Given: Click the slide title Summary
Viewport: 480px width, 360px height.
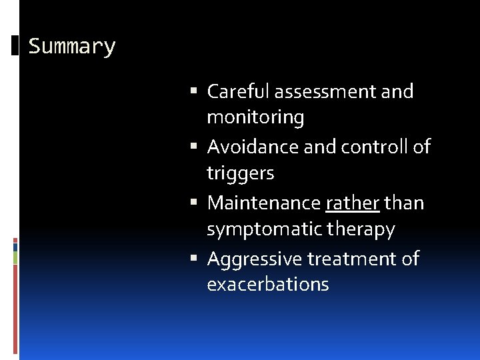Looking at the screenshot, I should pyautogui.click(x=72, y=47).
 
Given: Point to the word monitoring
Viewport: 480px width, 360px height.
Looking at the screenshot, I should pyautogui.click(x=255, y=117).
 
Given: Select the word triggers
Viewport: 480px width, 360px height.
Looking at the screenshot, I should pyautogui.click(x=240, y=173).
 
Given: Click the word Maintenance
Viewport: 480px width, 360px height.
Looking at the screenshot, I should pyautogui.click(x=264, y=203).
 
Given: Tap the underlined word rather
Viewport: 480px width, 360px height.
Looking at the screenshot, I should pyautogui.click(x=353, y=203).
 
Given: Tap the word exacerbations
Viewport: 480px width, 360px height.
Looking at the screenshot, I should pyautogui.click(x=268, y=285).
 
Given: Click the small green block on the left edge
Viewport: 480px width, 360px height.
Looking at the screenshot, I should pyautogui.click(x=15, y=258).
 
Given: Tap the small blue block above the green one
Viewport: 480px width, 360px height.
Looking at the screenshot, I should pyautogui.click(x=15, y=246).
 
